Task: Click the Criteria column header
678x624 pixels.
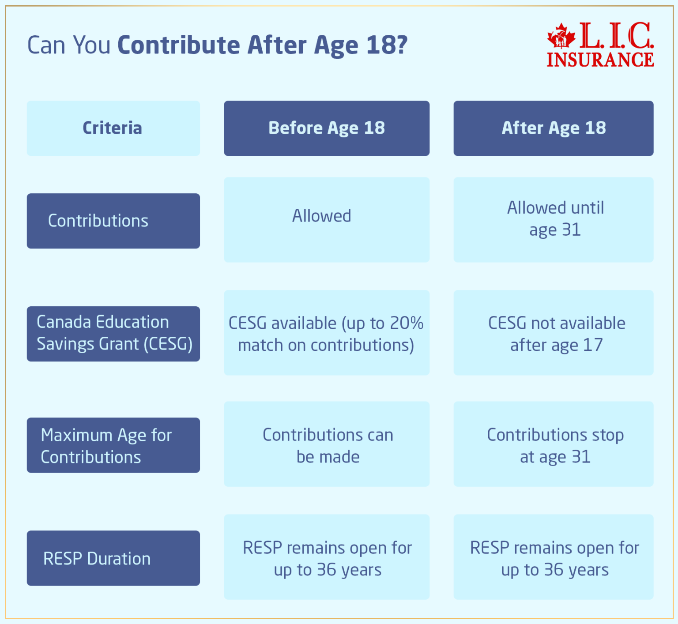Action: pyautogui.click(x=113, y=128)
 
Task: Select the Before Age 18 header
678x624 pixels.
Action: pyautogui.click(x=327, y=128)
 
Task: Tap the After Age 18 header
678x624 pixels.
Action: pyautogui.click(x=554, y=128)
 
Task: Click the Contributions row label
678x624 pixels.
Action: pyautogui.click(x=113, y=221)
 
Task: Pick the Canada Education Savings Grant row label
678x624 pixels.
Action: pyautogui.click(x=113, y=334)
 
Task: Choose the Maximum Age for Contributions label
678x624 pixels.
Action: pyautogui.click(x=113, y=445)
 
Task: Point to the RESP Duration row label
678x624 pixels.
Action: pyautogui.click(x=113, y=558)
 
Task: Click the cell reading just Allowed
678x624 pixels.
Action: pyautogui.click(x=327, y=220)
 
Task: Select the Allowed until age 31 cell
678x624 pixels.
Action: pyautogui.click(x=554, y=220)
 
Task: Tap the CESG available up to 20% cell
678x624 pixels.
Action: pyautogui.click(x=327, y=333)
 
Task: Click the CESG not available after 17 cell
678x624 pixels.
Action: pyautogui.click(x=554, y=333)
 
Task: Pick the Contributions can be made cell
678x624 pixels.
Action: pyautogui.click(x=327, y=444)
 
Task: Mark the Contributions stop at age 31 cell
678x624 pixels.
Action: pyautogui.click(x=554, y=444)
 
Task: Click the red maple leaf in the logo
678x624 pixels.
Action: pyautogui.click(x=561, y=36)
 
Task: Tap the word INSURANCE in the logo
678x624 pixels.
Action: pyautogui.click(x=600, y=60)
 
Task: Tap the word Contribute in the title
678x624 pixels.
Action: pyautogui.click(x=179, y=45)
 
